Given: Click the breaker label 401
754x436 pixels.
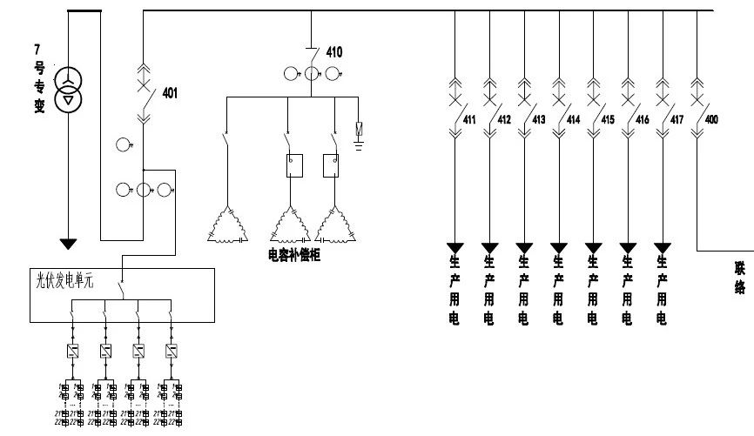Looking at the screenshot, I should coord(170,93).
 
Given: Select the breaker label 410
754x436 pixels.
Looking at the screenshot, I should coord(334,52).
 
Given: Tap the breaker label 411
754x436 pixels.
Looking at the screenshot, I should coord(469,120).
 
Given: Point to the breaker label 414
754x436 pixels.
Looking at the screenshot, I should coord(573,120).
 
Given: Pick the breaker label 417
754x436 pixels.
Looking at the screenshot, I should coord(677,120).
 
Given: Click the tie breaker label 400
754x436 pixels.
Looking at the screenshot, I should coord(711,120).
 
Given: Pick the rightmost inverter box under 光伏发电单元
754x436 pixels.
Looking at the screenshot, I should coord(171,352).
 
